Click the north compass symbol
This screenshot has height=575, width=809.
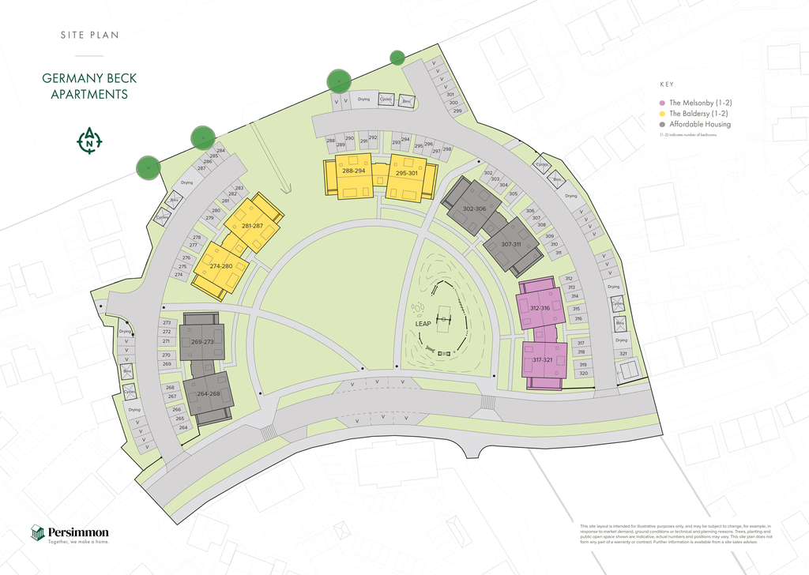(89, 141)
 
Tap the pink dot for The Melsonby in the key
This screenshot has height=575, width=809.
(663, 103)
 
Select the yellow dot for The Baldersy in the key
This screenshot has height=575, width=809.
(663, 114)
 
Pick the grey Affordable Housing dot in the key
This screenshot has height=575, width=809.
(663, 125)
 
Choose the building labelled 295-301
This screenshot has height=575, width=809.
(406, 173)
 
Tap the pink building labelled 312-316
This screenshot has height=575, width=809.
(540, 308)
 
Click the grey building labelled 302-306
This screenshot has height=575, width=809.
(473, 209)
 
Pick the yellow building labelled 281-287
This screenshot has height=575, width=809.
(253, 226)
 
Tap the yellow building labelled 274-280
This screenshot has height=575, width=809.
(220, 266)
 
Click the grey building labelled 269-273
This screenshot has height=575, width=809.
(202, 341)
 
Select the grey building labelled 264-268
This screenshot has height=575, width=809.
(208, 393)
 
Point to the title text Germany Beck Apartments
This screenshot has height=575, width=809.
(85, 87)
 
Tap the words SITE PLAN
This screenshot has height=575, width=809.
(89, 35)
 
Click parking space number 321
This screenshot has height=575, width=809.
(623, 354)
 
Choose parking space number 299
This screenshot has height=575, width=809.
(457, 111)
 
